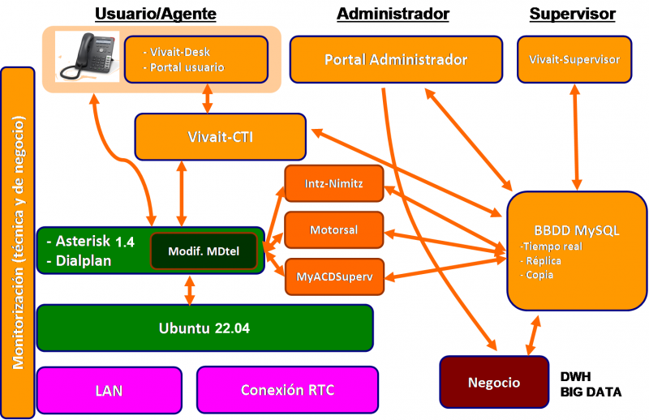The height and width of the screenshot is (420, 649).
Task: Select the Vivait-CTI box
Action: point(220,137)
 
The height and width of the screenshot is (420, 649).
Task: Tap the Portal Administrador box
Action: point(395,59)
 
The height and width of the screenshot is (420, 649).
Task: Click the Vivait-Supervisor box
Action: point(574,59)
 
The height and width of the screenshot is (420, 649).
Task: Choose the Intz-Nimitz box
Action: point(334,184)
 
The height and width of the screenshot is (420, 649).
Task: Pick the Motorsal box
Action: point(334,229)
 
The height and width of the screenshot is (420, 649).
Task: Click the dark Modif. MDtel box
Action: point(204,251)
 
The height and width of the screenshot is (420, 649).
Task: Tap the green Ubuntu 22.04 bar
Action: point(204,328)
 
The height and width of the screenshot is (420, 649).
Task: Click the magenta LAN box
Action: point(109,390)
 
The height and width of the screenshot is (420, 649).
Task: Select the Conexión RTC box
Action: point(287,390)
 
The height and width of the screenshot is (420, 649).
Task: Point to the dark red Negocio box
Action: point(493,382)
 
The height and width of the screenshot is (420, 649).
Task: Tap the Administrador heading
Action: point(393,14)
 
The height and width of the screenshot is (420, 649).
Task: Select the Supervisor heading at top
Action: point(572,14)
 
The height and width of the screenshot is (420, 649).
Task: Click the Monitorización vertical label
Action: point(18,243)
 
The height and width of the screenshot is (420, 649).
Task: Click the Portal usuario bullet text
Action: point(187,67)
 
